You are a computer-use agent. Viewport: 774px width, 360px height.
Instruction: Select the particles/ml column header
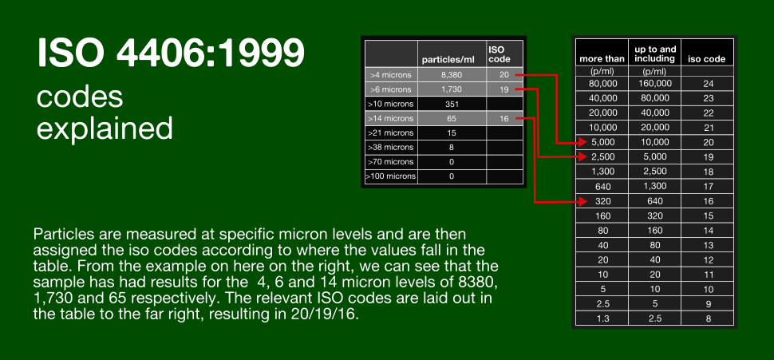point(448,60)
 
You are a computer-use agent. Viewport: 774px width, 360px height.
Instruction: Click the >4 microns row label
point(391,75)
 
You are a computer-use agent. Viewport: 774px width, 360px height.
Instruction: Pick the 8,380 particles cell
point(452,75)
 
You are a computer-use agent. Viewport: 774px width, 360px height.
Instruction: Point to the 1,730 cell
point(452,89)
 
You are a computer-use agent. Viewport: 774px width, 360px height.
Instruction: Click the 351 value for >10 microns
point(452,104)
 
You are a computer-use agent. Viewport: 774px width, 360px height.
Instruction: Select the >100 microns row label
point(391,176)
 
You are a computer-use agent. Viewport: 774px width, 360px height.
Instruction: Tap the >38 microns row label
point(391,147)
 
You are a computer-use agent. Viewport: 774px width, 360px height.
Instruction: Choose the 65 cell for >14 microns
point(452,118)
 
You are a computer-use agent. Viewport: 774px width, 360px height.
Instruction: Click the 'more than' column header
point(602,59)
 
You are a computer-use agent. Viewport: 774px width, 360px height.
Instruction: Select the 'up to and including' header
point(655,53)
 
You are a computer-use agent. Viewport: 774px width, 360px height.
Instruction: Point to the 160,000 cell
point(654,84)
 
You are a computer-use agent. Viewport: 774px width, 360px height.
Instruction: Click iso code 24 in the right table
point(708,84)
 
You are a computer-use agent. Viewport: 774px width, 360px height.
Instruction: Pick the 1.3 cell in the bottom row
point(602,318)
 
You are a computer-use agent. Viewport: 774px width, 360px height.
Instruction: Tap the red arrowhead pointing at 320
point(583,201)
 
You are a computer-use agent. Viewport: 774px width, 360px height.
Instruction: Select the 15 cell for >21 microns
point(452,133)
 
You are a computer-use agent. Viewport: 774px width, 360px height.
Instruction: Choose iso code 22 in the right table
point(708,113)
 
